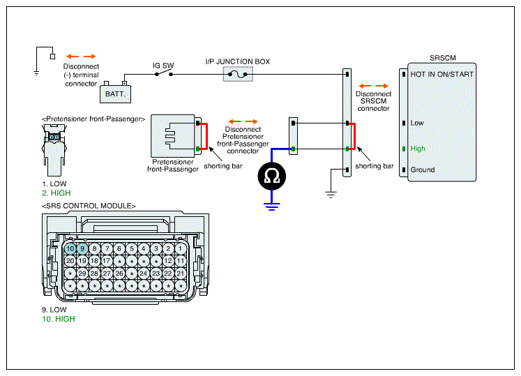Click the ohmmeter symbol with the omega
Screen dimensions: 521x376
pos(271,176)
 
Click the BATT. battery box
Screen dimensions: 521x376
pos(115,94)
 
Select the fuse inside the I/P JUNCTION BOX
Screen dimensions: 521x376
pos(238,74)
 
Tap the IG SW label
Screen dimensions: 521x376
pos(163,66)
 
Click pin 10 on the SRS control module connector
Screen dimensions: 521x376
pos(70,248)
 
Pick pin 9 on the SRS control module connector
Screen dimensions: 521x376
pos(82,248)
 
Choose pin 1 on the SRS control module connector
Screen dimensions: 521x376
pos(181,248)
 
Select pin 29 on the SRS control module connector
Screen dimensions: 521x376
pos(82,273)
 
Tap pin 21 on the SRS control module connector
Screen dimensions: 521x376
pos(181,273)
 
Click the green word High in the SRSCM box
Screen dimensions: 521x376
pos(418,149)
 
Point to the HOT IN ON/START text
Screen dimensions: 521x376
pos(441,74)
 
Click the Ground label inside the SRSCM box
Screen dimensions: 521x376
pos(423,170)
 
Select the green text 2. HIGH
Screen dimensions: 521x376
pos(56,193)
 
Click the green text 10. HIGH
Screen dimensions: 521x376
pos(58,319)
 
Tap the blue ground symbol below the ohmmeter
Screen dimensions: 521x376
pos(272,206)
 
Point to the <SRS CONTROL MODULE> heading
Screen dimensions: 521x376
pos(89,206)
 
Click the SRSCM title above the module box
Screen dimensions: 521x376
pos(443,58)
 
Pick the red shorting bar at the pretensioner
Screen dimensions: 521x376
pos(206,136)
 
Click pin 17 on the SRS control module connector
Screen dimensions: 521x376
pos(106,261)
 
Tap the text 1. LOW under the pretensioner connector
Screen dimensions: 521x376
pos(54,184)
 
